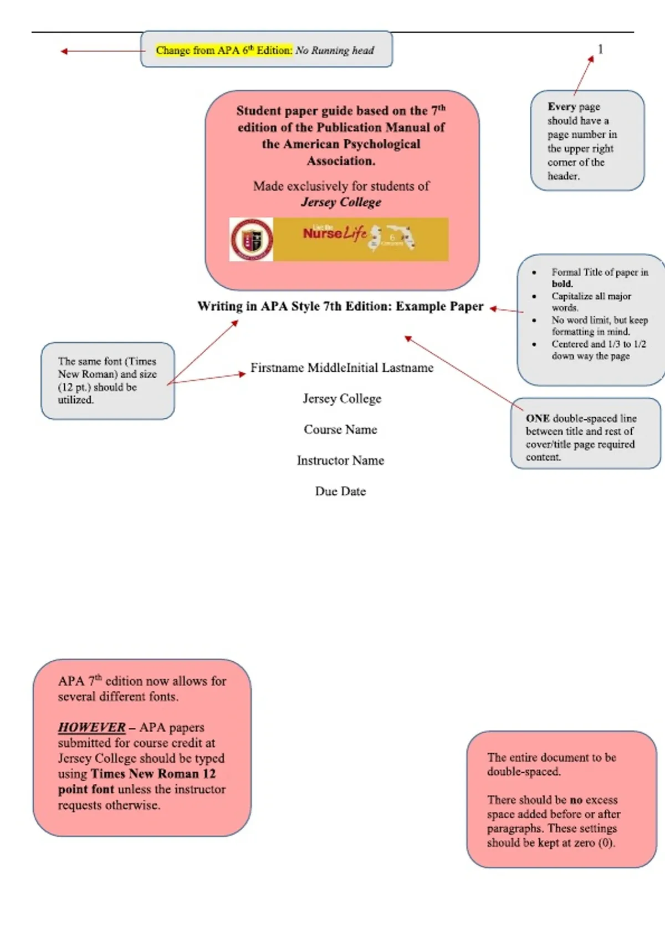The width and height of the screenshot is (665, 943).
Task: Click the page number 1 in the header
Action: (x=600, y=49)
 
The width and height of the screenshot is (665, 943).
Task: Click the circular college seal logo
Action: (x=252, y=239)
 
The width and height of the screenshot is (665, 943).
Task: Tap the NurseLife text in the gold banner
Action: (x=335, y=233)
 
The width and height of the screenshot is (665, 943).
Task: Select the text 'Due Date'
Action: (x=340, y=491)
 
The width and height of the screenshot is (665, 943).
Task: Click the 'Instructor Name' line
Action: (x=340, y=460)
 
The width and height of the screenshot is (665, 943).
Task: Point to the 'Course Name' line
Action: (x=340, y=429)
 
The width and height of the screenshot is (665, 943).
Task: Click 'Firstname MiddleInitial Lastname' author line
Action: (x=341, y=368)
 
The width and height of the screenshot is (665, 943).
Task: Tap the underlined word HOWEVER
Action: (x=91, y=727)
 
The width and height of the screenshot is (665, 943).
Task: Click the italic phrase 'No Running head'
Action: (x=334, y=50)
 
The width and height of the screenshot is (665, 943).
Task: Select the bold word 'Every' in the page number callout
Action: (x=561, y=107)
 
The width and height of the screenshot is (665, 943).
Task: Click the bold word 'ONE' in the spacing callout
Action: (x=538, y=418)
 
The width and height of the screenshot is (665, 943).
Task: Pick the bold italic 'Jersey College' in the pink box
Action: (x=341, y=202)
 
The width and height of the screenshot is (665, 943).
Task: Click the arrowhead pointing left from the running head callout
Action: (x=64, y=52)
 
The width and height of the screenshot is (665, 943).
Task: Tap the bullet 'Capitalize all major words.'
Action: (x=591, y=301)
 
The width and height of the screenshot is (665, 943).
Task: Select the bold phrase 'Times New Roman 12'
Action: (x=153, y=774)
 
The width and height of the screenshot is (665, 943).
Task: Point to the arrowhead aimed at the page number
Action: (x=591, y=59)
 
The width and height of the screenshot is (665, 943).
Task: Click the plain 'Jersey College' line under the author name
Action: (x=342, y=399)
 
